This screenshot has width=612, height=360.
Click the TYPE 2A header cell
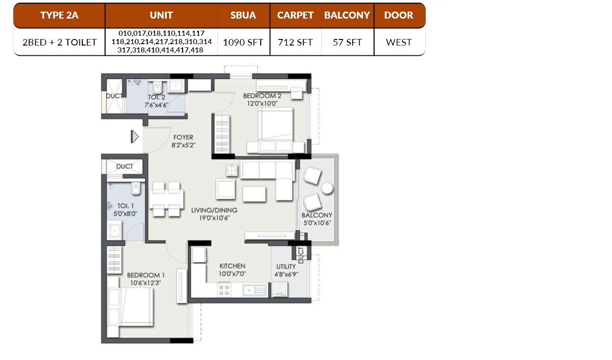(x=59, y=15)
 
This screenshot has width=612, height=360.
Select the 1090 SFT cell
(x=243, y=42)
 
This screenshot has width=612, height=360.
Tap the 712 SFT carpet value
(x=295, y=42)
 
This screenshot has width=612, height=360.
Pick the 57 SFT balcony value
(x=347, y=42)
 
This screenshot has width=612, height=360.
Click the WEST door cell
(x=399, y=42)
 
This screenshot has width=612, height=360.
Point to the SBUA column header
(x=243, y=15)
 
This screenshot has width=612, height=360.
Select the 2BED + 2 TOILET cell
(x=59, y=42)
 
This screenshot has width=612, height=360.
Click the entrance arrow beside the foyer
(x=135, y=137)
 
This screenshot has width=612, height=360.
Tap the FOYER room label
(x=183, y=137)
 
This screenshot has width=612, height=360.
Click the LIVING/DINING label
(x=214, y=210)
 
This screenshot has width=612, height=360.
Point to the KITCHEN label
(x=232, y=266)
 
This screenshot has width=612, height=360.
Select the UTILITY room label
(x=286, y=267)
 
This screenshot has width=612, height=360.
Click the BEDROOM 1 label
(x=146, y=275)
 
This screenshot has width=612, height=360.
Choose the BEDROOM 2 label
(x=262, y=96)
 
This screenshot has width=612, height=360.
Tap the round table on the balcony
(x=328, y=188)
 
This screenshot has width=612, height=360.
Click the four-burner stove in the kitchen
(x=224, y=290)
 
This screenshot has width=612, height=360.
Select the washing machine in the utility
(x=280, y=289)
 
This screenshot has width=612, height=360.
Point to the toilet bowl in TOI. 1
(x=135, y=188)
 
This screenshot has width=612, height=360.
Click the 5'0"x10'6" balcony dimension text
(x=317, y=223)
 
